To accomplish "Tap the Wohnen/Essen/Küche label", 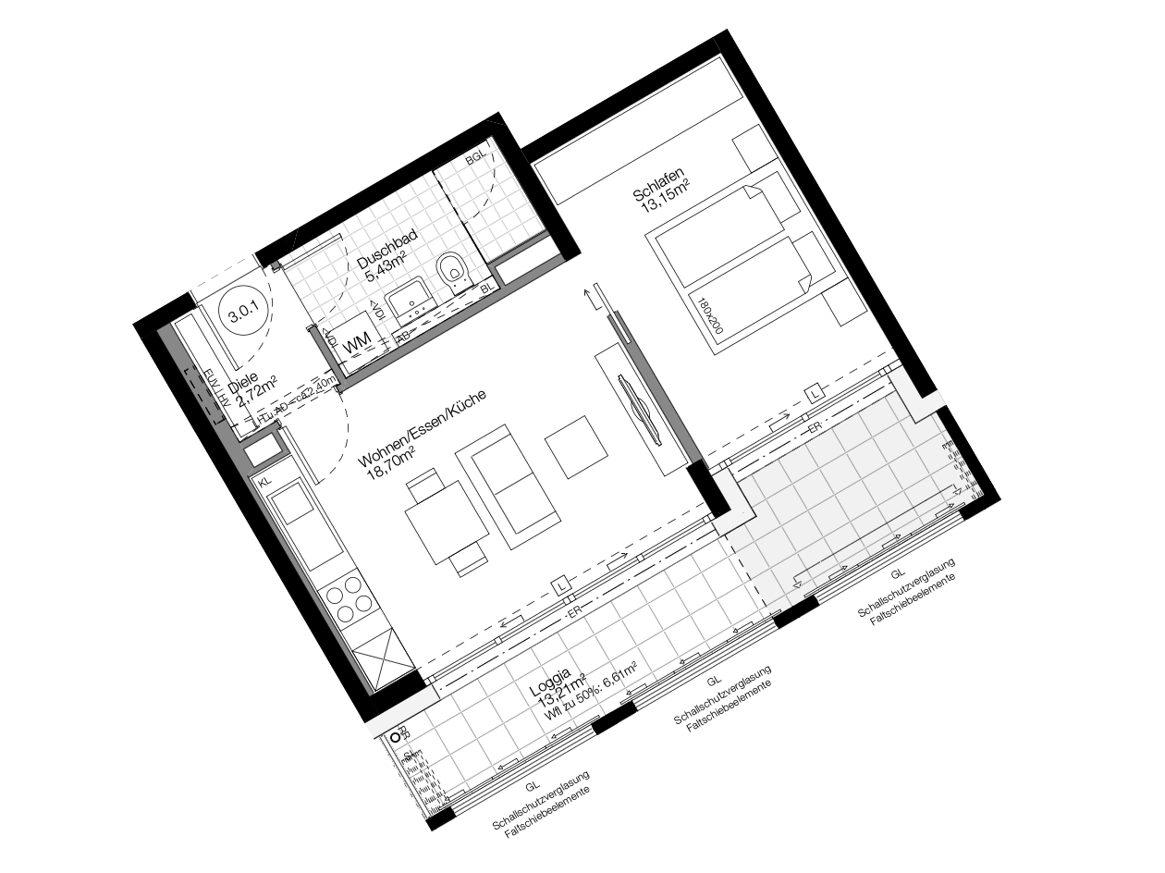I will [x=421, y=427].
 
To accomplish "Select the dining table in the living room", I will [x=445, y=525].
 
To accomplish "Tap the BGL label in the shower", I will [x=475, y=159].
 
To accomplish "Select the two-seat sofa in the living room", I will [x=515, y=486].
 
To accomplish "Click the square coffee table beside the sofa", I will [x=576, y=446].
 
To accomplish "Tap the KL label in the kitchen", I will [x=265, y=482].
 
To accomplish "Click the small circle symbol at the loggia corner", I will [x=396, y=737].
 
